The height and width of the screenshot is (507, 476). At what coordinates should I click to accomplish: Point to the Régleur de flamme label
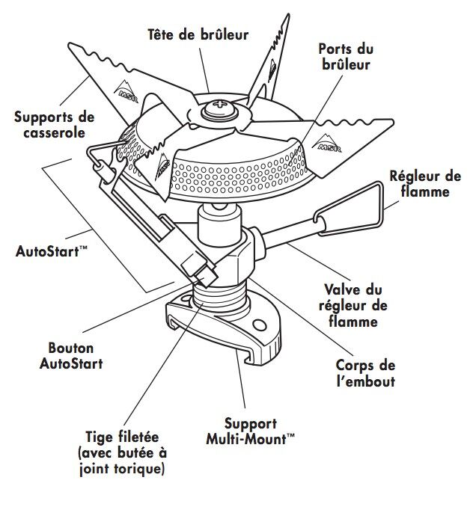[x=425, y=184]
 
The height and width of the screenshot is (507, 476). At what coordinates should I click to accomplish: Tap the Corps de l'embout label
[x=366, y=373]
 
